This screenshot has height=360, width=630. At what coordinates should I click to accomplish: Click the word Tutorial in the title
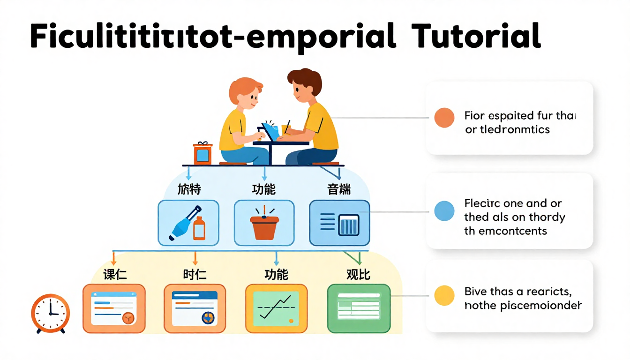coord(475,36)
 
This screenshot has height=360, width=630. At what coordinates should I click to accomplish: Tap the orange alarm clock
coord(51,313)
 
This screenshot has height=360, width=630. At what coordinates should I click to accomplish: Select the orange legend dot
coord(444,118)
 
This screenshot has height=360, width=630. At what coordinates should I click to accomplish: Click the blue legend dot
coord(444,211)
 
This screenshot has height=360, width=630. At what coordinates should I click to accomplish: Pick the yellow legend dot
coord(444,295)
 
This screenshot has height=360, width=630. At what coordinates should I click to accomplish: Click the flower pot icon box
coord(264,223)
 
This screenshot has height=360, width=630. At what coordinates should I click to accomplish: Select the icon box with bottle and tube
coord(188,223)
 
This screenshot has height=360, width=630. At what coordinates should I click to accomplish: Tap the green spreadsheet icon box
coord(359,308)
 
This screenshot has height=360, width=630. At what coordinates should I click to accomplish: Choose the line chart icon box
coord(277,308)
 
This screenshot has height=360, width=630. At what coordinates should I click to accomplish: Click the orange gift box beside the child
coord(202,153)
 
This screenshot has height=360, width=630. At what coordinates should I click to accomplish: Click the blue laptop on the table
coord(270,131)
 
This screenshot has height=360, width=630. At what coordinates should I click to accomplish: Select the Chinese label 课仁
coord(115,274)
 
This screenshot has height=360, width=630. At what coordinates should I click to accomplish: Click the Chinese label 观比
coord(358,274)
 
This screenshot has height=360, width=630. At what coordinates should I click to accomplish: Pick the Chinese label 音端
coord(339,190)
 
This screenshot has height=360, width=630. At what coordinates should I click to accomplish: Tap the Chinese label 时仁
coord(195,274)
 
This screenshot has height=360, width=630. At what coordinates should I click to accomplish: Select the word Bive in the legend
coord(474,292)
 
